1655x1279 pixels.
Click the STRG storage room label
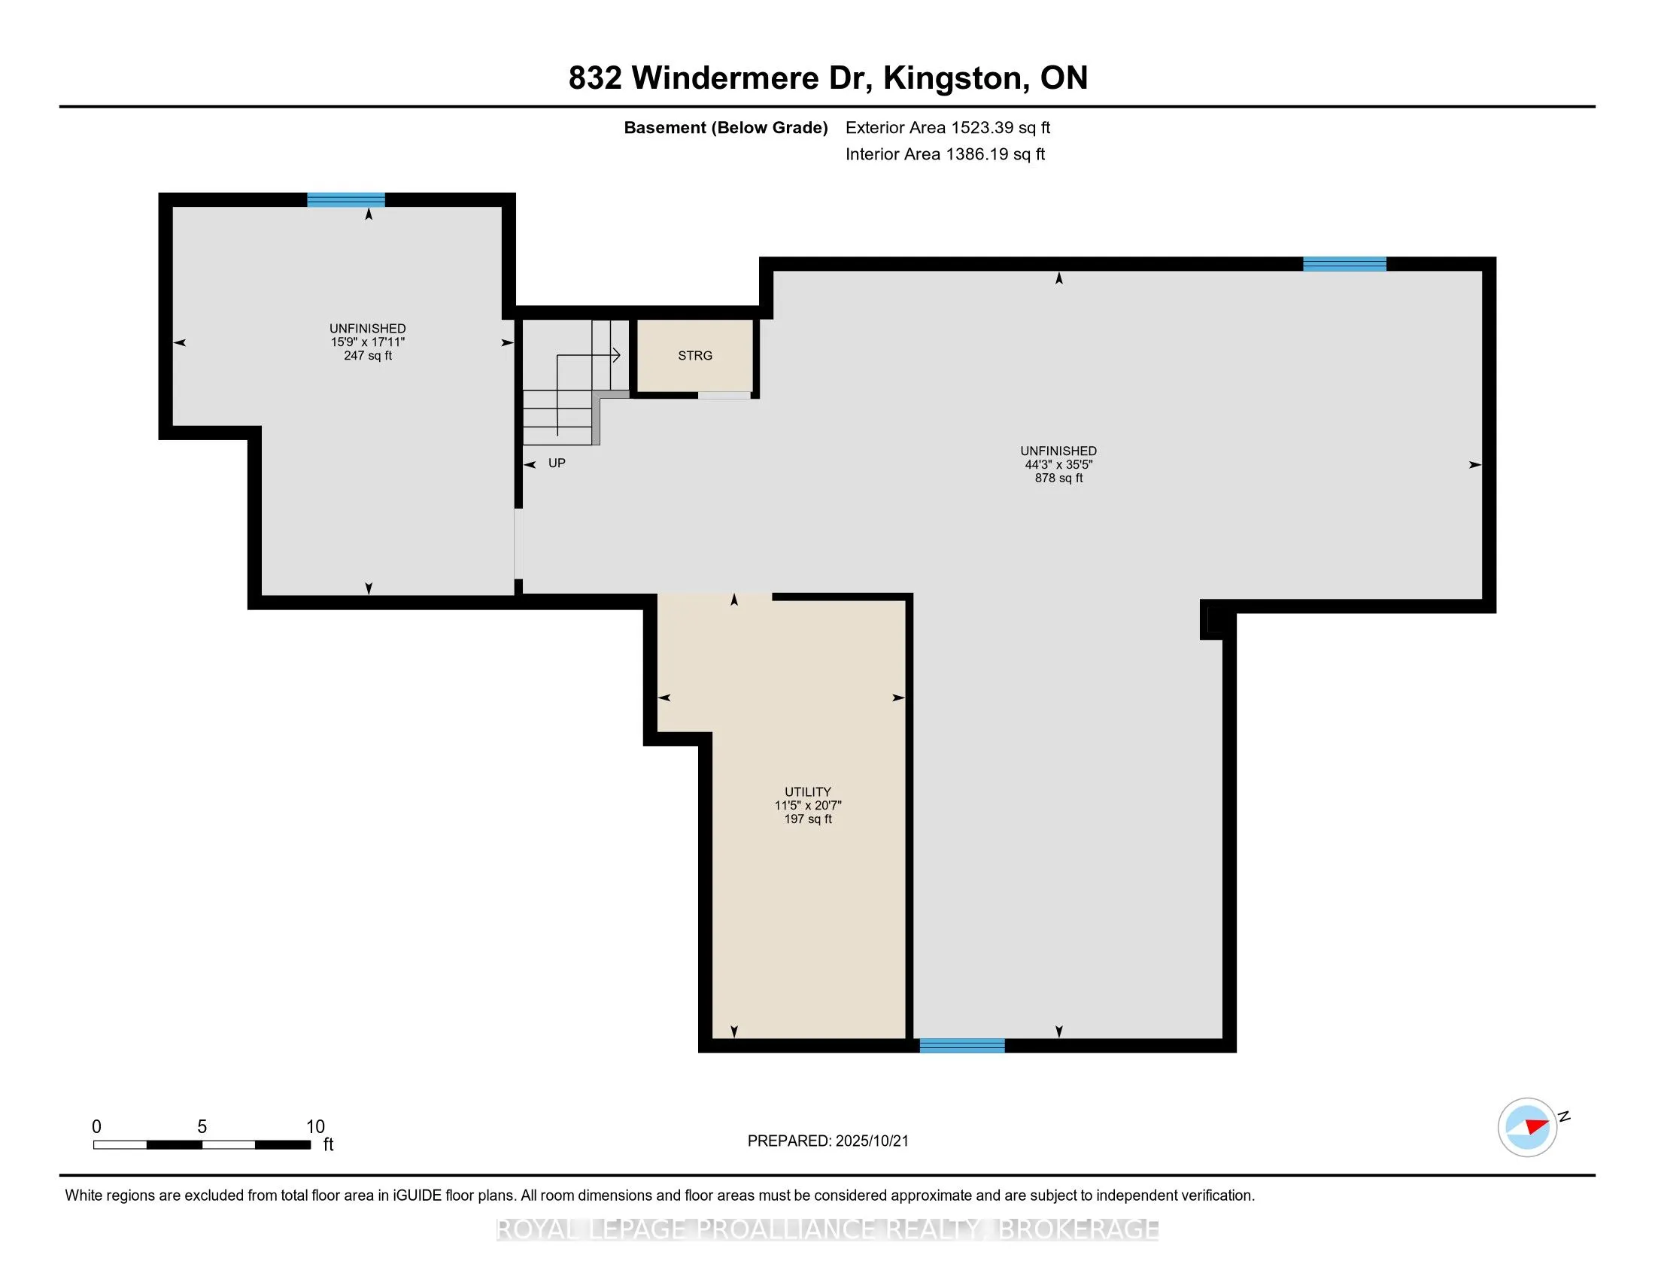click(695, 355)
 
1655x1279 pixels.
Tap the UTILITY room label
click(808, 791)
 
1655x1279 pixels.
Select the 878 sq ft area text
click(1058, 478)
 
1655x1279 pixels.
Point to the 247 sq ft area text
click(368, 355)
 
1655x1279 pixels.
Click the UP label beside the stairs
click(557, 463)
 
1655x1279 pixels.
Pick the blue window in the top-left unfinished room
click(346, 200)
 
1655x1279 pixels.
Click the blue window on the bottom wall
click(962, 1046)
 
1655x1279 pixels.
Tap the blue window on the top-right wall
click(1345, 263)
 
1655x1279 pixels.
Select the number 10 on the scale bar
click(315, 1127)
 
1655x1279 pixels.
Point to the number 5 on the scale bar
click(202, 1127)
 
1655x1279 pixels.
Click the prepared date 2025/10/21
click(871, 1141)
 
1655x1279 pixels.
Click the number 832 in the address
click(595, 78)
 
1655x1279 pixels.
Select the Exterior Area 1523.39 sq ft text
click(948, 127)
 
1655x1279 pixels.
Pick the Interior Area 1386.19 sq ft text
click(945, 153)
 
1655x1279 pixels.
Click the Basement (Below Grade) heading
click(725, 127)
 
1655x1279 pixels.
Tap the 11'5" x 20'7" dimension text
click(808, 806)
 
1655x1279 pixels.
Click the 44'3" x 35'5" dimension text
click(1058, 464)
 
